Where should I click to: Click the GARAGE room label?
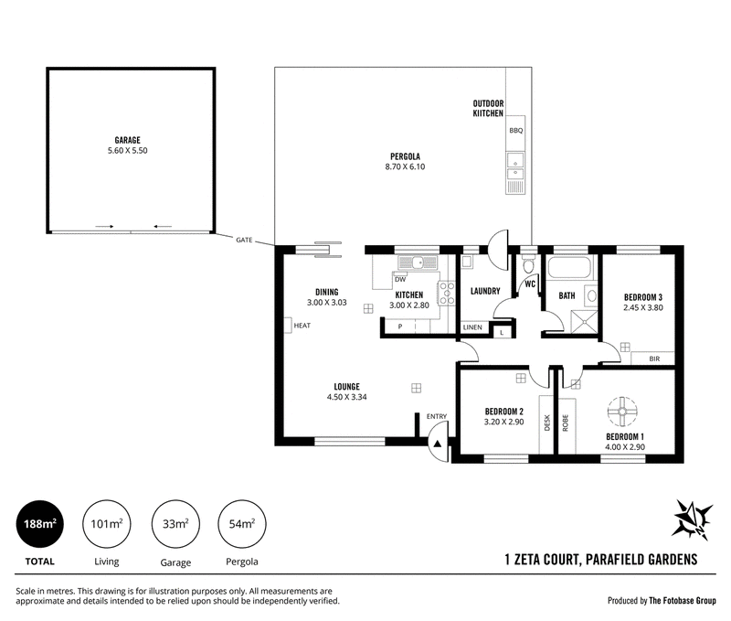point(127,140)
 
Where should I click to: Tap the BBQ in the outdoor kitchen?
point(515,131)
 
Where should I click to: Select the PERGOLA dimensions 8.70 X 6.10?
point(405,166)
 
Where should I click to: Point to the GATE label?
point(244,240)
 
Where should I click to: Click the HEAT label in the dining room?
point(302,326)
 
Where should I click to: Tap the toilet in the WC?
point(528,265)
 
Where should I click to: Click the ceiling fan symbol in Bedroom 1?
point(622,411)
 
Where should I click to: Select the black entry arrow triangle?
point(438,444)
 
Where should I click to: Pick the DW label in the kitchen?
point(400,280)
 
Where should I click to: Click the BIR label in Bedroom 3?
point(654,359)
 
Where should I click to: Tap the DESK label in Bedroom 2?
point(547,423)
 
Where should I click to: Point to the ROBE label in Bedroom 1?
point(566,423)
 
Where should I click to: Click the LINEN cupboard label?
point(472,327)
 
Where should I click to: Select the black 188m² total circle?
point(39,524)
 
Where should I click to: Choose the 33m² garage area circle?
point(175,524)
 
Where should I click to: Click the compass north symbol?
point(693,519)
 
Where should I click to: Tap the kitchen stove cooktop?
point(447,293)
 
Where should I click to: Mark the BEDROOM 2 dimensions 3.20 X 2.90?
point(504,422)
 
